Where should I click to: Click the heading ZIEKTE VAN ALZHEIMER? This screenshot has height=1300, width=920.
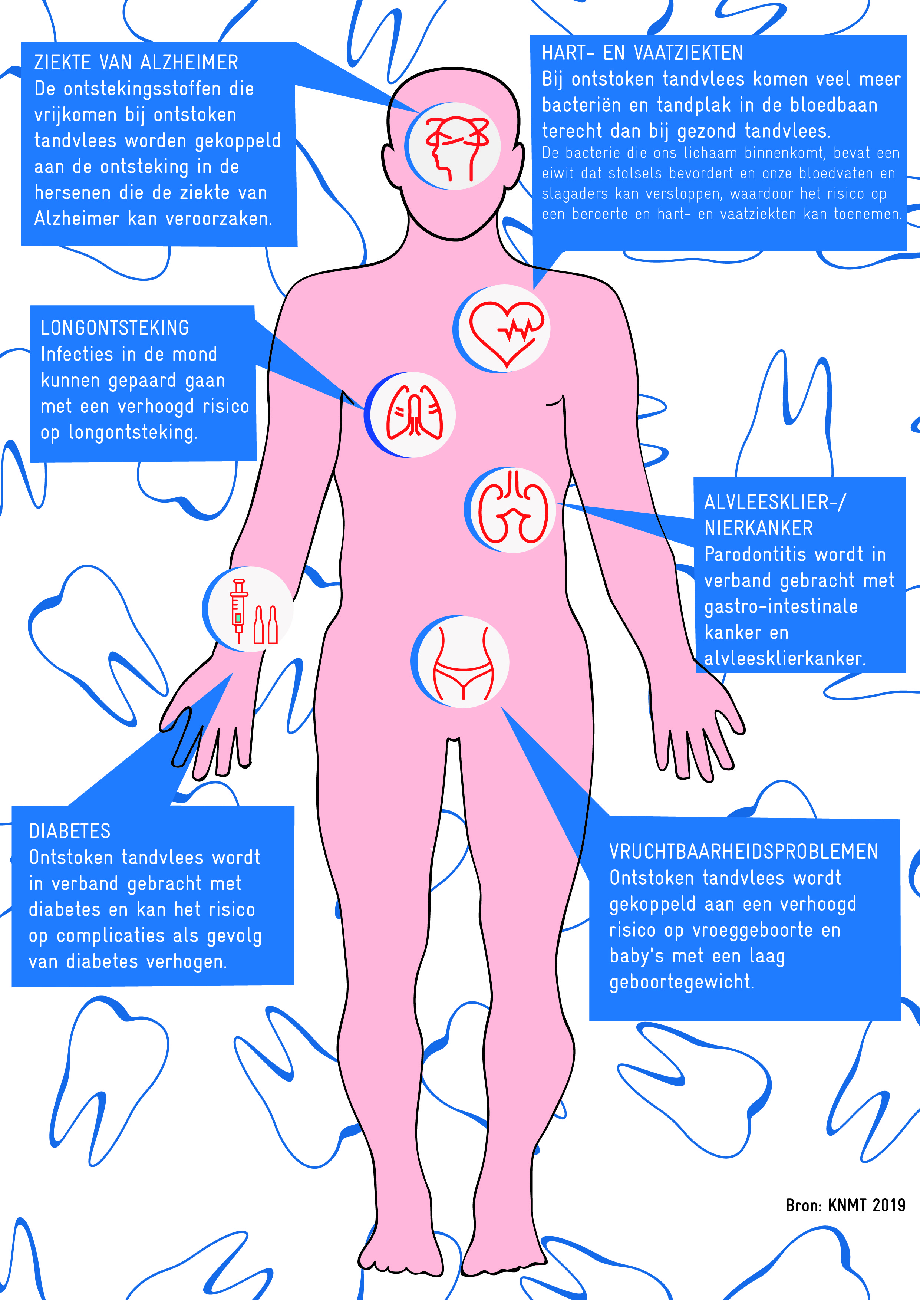tap(136, 62)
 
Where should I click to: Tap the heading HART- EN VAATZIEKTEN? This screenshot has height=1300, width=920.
tap(642, 53)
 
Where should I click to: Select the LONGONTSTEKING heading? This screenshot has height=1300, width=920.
tap(115, 328)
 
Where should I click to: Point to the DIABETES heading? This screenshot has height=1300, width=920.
tap(70, 831)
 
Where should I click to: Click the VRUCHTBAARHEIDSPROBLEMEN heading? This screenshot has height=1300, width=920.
tap(743, 851)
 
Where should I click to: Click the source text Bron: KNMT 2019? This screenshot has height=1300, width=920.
tap(845, 1205)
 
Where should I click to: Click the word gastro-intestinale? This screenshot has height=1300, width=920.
tap(781, 606)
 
